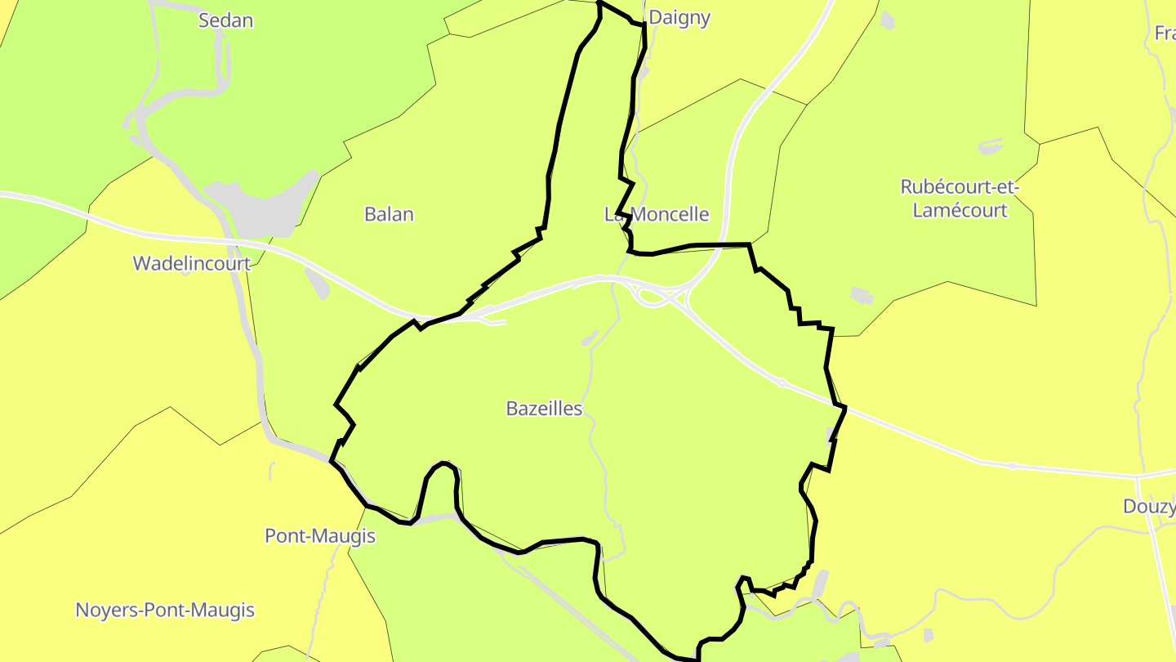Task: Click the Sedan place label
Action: coord(225,20)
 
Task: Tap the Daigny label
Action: coord(679,18)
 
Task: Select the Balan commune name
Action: coord(389,214)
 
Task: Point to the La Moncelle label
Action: coord(657,214)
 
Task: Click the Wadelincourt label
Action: coord(191,263)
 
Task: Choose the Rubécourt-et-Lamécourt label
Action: coord(960,199)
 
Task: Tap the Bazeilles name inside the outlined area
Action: coord(544,408)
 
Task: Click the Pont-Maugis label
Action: coord(320,535)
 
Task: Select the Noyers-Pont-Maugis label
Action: coord(165,610)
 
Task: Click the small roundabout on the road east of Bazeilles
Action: coord(781,382)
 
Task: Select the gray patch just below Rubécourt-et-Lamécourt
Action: coord(862,295)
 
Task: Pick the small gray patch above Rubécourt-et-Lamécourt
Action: coord(990,148)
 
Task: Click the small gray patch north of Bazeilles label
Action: coord(590,338)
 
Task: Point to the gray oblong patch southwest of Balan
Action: coord(318,283)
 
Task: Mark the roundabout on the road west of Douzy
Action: coord(1013,466)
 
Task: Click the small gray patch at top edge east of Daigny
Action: coord(888,21)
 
